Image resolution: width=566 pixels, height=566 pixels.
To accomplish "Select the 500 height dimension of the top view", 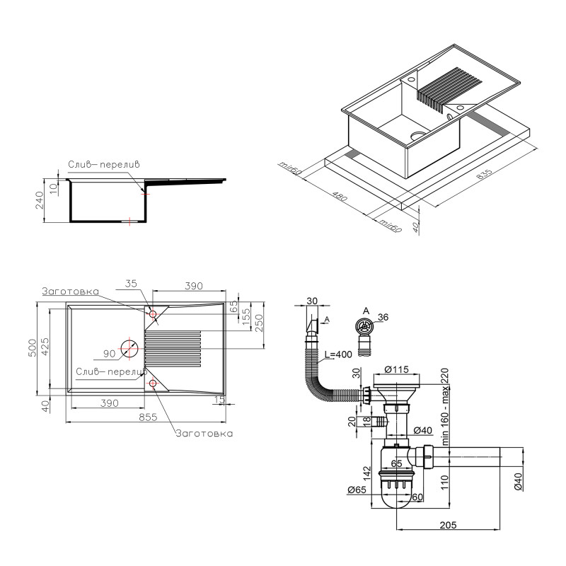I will pos(32,347).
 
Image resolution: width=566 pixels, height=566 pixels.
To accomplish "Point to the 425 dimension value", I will pos(46,347).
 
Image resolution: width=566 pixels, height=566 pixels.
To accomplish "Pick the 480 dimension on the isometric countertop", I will pos(340,196).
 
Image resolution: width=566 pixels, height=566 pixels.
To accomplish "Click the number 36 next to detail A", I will pos(383,318).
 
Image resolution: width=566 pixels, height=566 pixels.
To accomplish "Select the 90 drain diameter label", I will pos(109,353).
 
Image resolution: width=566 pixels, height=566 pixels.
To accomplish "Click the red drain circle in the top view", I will pos(129,348).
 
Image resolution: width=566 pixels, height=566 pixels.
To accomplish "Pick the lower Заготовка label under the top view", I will pos(204,433).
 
